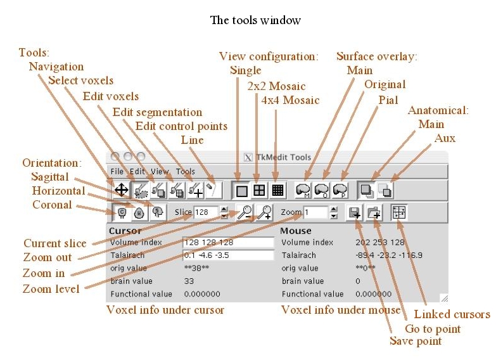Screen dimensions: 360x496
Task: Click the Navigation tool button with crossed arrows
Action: pos(121,189)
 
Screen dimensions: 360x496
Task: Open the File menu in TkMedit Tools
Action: pos(117,171)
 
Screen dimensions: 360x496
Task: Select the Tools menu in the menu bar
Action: pos(185,171)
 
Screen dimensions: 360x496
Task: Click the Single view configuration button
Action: pos(241,189)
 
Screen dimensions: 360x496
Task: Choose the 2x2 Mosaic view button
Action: pos(259,189)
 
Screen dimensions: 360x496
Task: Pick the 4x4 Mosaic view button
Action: pos(277,189)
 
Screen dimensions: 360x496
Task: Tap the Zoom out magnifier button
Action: pos(244,212)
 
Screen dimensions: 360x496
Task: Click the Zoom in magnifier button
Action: pos(264,212)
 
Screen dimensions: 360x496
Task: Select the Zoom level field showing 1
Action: pos(314,212)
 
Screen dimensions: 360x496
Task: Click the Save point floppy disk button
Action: pos(354,212)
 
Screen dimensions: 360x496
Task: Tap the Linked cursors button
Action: pos(399,212)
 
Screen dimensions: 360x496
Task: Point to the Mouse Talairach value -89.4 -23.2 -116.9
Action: pos(390,255)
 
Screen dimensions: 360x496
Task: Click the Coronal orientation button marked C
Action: pos(121,213)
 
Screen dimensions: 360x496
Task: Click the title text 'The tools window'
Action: pos(255,20)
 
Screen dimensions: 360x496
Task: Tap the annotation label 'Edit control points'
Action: pos(181,126)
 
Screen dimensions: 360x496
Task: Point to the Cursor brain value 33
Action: pos(189,281)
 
